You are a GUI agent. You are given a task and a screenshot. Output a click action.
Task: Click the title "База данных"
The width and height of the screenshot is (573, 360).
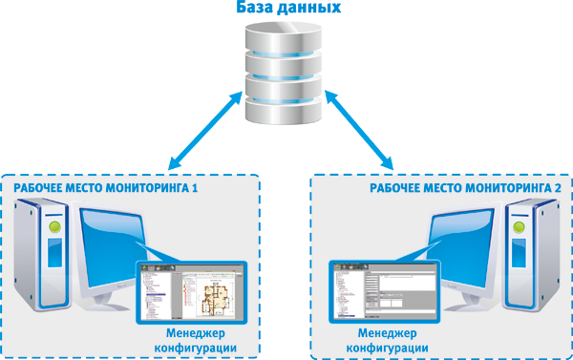pyautogui.click(x=286, y=9)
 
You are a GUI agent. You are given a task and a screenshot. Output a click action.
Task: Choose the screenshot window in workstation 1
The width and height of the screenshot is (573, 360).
pyautogui.click(x=188, y=290)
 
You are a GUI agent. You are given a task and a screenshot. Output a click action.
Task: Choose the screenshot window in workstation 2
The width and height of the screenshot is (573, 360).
pyautogui.click(x=383, y=291)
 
